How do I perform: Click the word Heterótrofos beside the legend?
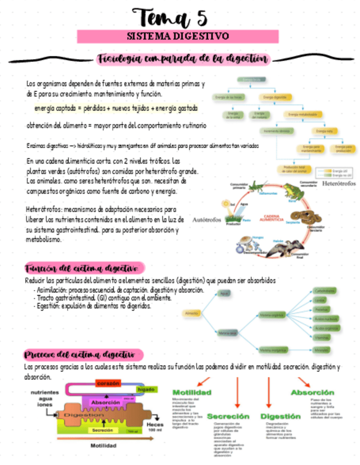[x=337, y=183]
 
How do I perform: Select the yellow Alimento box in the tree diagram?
[x=192, y=313]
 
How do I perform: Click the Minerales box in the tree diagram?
[x=322, y=349]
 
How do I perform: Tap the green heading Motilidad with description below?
[x=192, y=393]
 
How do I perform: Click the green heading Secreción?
[x=228, y=416]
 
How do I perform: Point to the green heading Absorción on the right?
[x=312, y=393]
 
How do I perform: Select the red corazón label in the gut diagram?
[x=109, y=383]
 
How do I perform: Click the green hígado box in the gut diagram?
[x=145, y=389]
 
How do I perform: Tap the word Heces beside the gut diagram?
[x=155, y=424]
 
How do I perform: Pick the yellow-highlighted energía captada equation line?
[x=116, y=109]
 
